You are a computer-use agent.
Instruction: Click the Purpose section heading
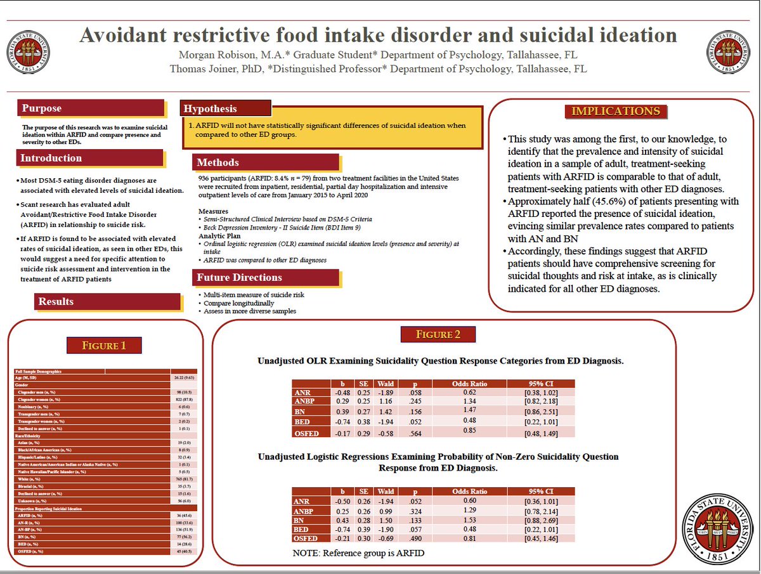pos(42,108)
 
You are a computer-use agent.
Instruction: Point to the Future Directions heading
pos(239,277)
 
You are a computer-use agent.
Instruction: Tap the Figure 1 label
pos(105,346)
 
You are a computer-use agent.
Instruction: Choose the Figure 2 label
pos(438,335)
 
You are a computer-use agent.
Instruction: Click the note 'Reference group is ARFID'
pos(358,552)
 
